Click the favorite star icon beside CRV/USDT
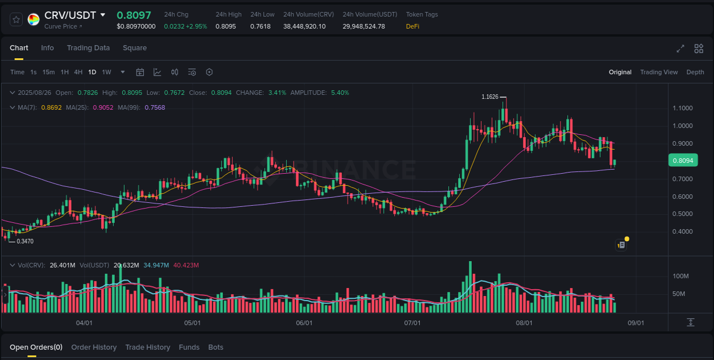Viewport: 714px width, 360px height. (16, 19)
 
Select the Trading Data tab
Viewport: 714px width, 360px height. (88, 48)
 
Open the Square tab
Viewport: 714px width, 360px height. (135, 48)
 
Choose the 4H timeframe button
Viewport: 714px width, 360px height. (78, 72)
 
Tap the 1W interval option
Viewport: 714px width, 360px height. (106, 72)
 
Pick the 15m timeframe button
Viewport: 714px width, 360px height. (49, 72)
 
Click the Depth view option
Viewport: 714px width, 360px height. (695, 72)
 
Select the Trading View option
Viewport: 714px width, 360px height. (659, 72)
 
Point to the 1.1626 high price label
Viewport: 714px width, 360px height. (490, 97)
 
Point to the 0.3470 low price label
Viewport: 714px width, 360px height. (25, 242)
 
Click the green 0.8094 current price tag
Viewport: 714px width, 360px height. (683, 161)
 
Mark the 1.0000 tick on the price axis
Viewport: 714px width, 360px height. (683, 126)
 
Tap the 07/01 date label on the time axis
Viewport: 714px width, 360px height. (412, 323)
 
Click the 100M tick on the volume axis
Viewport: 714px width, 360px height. (680, 277)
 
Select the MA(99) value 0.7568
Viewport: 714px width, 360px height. (155, 107)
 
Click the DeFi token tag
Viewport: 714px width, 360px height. (412, 26)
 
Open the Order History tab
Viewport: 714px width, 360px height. (94, 347)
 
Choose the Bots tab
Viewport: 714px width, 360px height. (215, 347)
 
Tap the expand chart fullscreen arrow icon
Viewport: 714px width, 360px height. (680, 49)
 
